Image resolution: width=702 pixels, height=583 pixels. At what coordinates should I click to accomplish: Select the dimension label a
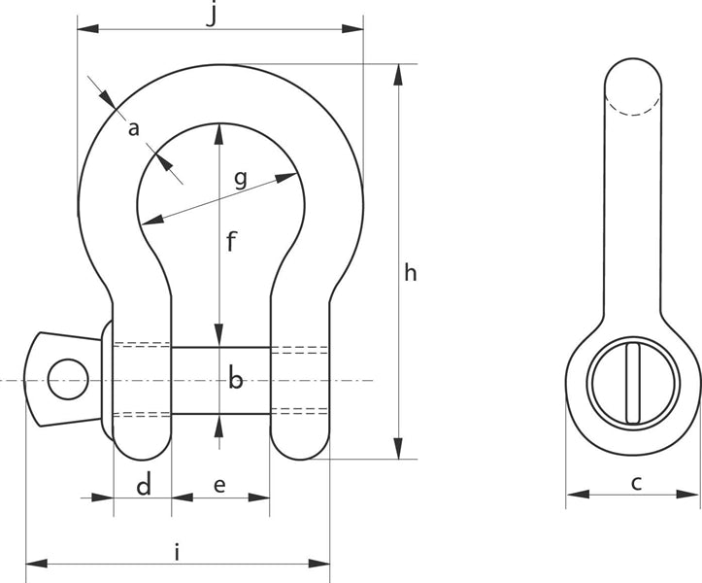click(x=134, y=127)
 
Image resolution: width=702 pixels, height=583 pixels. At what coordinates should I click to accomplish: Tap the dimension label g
click(x=240, y=179)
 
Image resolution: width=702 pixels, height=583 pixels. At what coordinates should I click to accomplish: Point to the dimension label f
click(x=231, y=242)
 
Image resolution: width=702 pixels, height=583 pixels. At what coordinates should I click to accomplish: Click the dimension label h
click(x=410, y=273)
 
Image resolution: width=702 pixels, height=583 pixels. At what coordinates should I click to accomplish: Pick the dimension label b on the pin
click(x=235, y=380)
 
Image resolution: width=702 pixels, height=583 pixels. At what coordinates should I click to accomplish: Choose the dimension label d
click(x=143, y=484)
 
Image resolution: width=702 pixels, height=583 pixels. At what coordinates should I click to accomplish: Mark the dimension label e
click(x=219, y=484)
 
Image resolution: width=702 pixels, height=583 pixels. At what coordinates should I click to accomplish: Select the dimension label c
click(x=636, y=482)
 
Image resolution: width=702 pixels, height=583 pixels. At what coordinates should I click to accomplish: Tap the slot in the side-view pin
click(x=633, y=382)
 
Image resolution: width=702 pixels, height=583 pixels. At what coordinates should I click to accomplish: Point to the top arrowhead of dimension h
click(x=397, y=74)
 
